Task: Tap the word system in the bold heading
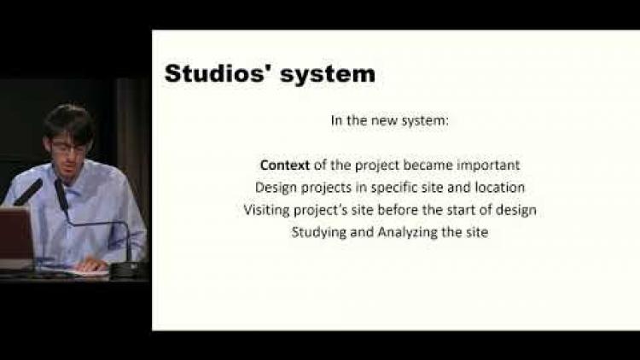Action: point(328,75)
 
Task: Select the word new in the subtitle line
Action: point(378,121)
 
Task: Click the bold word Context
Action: point(284,165)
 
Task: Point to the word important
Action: point(488,165)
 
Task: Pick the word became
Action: point(428,165)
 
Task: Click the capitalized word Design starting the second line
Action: point(276,188)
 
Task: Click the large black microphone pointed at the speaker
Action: point(28,192)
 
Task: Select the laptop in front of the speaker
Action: point(15,237)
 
